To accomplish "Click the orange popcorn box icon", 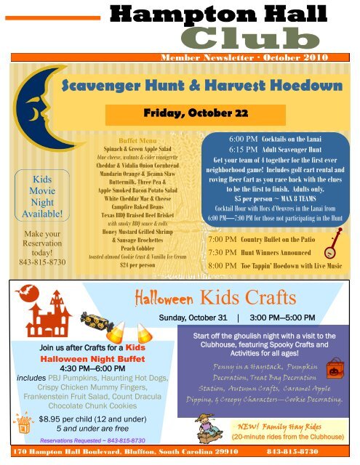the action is click(25, 422).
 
